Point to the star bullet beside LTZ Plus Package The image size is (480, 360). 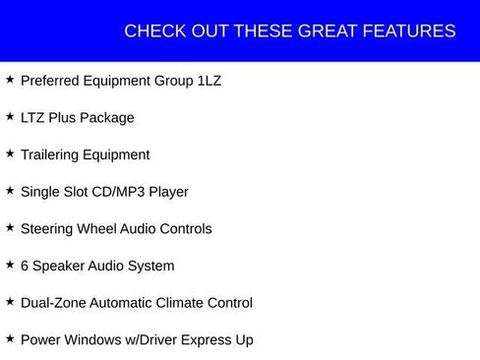tap(10, 116)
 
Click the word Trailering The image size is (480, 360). tap(54, 154)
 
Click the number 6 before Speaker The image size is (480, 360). tap(25, 266)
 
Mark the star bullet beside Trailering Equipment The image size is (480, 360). tap(10, 153)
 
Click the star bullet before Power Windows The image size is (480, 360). tap(10, 338)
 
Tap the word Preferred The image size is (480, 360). tap(52, 81)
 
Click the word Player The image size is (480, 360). tap(168, 192)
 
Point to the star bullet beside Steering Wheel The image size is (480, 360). tap(10, 227)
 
